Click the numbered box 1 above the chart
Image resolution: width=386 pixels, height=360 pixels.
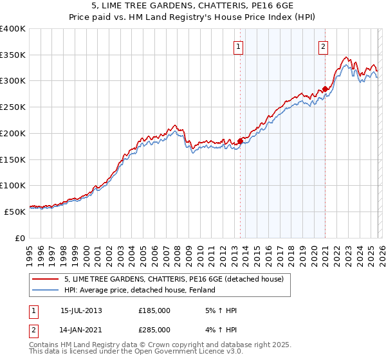(238, 46)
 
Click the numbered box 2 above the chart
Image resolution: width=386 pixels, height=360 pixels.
(322, 46)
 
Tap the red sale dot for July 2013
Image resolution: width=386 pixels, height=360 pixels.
(240, 141)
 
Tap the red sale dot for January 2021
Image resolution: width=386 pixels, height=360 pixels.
(326, 89)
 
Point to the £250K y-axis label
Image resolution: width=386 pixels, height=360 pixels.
(12, 107)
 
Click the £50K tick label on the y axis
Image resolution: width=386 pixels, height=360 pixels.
(15, 211)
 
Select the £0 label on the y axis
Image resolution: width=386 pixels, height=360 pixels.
(20, 237)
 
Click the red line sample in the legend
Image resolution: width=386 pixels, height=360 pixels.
(46, 279)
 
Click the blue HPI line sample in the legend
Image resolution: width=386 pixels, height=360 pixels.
(46, 291)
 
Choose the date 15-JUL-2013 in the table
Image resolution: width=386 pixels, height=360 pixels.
(81, 310)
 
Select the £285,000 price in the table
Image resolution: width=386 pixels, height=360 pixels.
(154, 330)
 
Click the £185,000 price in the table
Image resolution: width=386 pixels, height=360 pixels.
(154, 310)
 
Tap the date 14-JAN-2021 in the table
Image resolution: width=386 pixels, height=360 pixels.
(81, 330)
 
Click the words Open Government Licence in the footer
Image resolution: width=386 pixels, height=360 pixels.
(178, 352)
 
